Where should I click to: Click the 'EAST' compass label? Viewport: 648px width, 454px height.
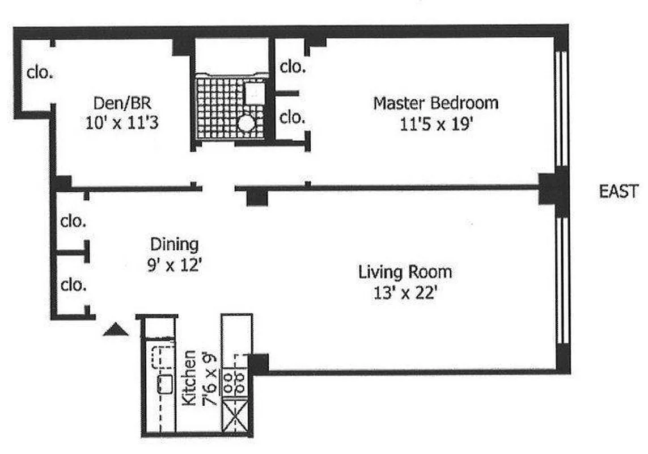(619, 192)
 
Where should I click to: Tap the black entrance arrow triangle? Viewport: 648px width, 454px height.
(114, 330)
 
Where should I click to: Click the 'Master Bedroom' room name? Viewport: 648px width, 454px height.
(435, 103)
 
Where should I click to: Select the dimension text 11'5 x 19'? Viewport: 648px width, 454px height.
(436, 125)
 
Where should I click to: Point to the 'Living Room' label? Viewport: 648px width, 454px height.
(405, 272)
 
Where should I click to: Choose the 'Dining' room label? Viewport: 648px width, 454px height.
(174, 245)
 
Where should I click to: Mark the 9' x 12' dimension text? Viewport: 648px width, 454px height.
(174, 265)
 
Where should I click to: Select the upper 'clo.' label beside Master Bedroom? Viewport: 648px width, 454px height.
(293, 66)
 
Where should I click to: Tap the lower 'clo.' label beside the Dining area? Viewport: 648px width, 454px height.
(74, 284)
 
